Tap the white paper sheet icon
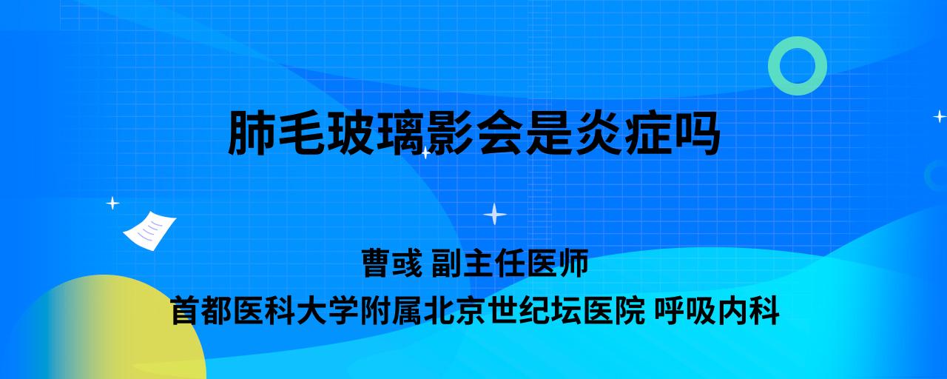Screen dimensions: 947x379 149,231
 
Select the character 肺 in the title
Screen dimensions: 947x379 251,133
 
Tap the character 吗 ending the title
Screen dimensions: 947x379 698,133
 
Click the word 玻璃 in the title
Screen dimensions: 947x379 375,133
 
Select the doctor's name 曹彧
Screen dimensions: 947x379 392,263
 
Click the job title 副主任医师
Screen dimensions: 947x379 510,263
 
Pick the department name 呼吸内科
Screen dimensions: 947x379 717,311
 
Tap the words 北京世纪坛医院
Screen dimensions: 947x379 534,311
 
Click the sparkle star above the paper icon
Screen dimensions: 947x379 112,203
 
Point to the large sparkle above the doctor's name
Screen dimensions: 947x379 495,214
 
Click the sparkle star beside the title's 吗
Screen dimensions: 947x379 940,116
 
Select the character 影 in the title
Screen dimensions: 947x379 450,133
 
